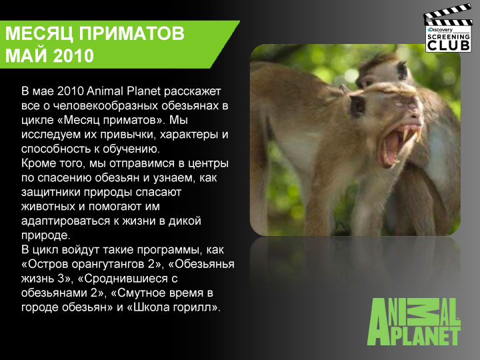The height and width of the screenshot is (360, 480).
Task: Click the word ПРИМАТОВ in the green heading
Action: click(132, 33)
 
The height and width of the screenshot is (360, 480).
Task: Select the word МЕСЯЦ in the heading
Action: click(39, 34)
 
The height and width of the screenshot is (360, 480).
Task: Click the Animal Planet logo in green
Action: click(414, 322)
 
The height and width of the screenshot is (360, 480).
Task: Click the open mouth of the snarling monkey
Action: click(398, 144)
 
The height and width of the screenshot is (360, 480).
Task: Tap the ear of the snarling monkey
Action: click(357, 105)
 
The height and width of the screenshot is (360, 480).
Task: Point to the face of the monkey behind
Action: click(383, 72)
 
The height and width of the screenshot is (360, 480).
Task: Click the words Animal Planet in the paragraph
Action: click(124, 91)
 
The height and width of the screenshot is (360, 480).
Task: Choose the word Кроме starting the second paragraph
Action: click(37, 163)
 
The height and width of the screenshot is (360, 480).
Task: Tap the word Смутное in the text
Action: click(140, 293)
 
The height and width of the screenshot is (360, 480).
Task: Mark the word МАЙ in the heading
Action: click(26, 56)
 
